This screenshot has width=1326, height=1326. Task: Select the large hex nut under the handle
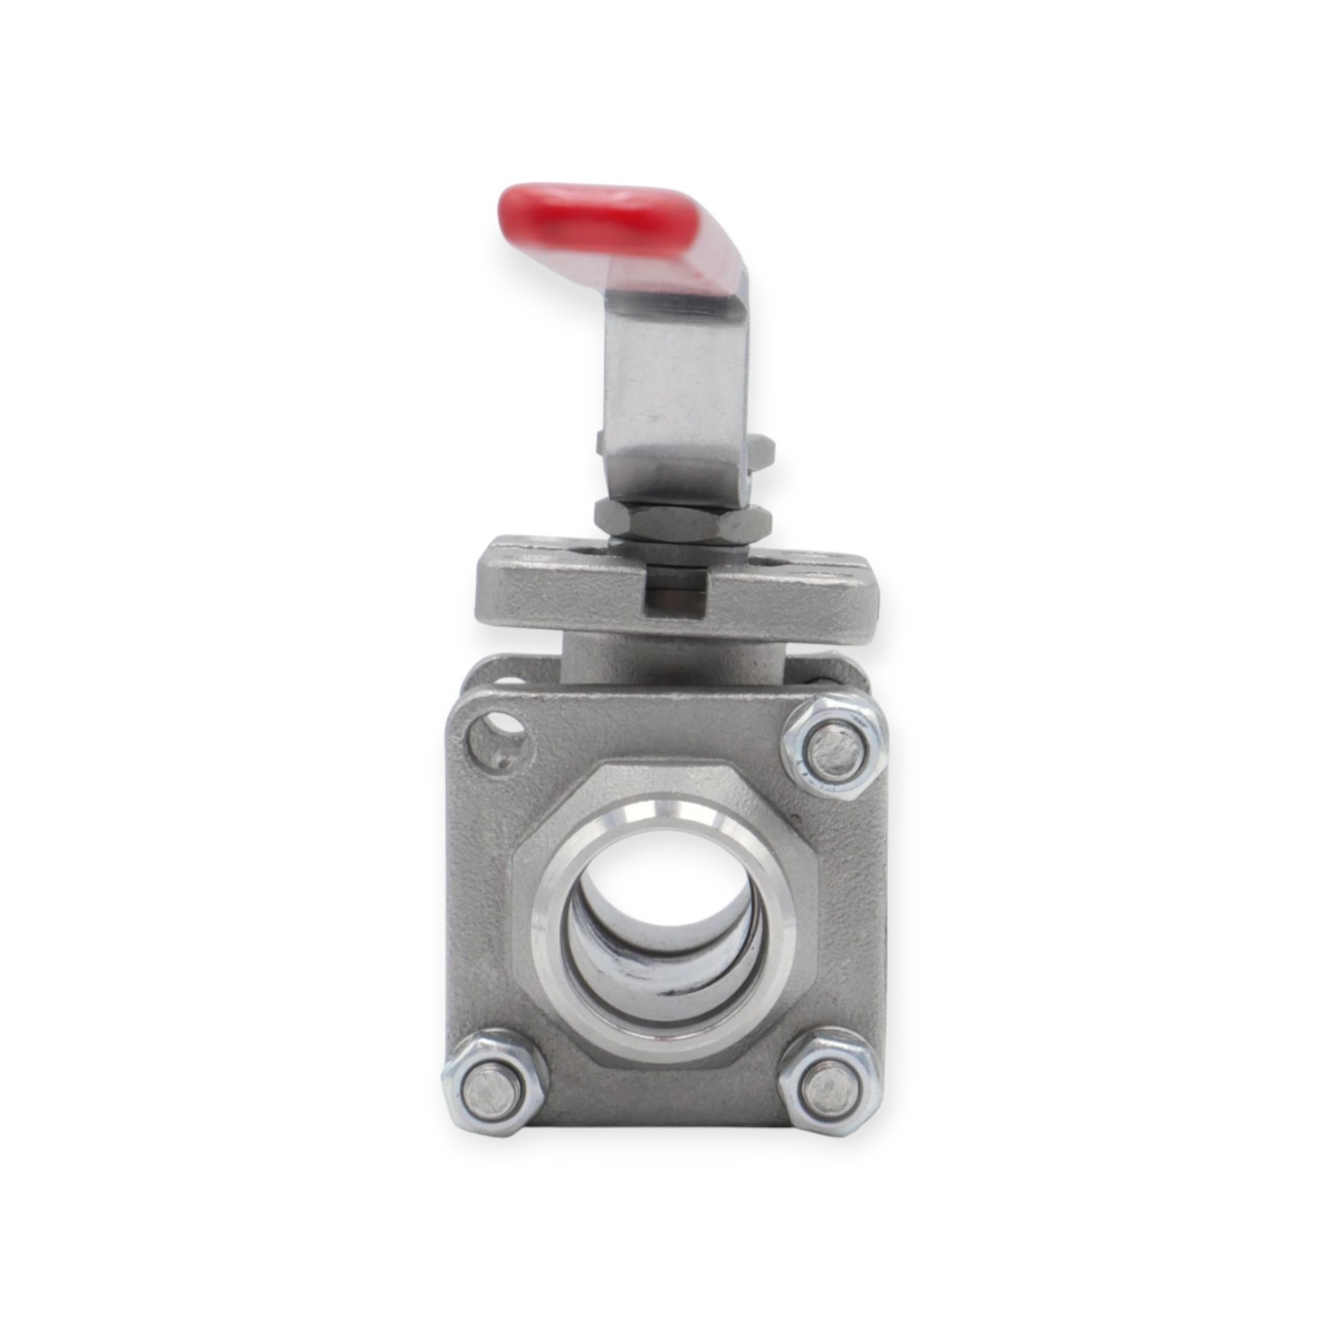point(684,522)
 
